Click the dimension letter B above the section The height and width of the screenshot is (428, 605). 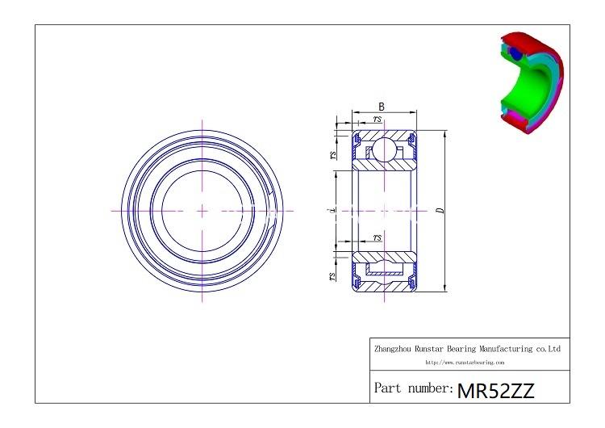point(381,107)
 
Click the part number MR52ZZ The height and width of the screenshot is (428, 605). point(495,391)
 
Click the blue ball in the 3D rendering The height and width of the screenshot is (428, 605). point(514,54)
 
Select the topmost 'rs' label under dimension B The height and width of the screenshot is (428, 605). point(378,120)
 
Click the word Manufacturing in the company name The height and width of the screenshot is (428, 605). point(502,349)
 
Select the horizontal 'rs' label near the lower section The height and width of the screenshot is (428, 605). point(378,237)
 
